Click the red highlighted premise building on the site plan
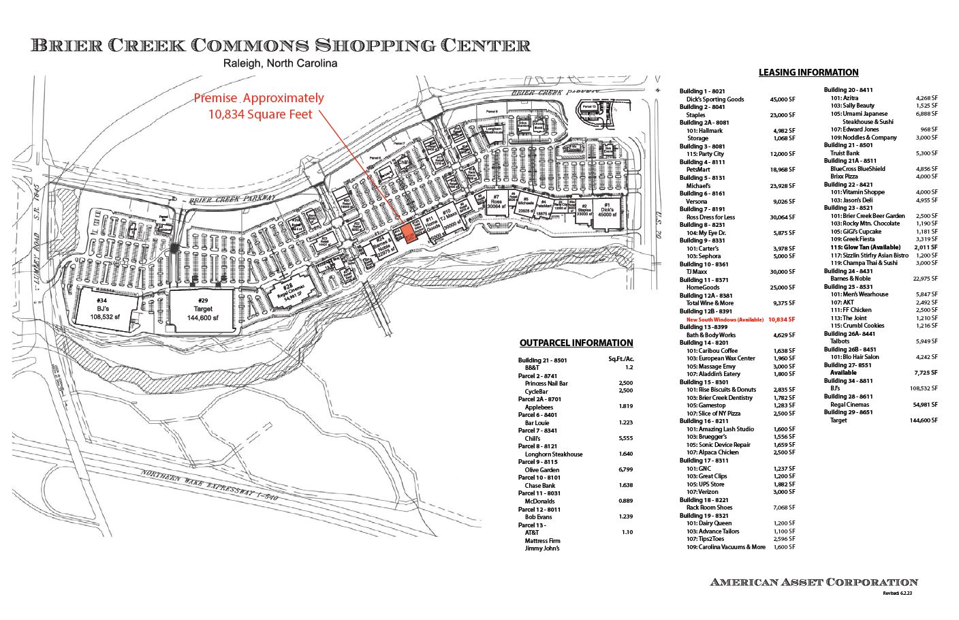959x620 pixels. point(409,233)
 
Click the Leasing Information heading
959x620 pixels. point(808,72)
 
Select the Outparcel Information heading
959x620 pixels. point(576,343)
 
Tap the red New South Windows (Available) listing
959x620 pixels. point(725,319)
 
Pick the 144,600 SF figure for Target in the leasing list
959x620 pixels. point(923,420)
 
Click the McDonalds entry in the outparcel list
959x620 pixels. point(539,501)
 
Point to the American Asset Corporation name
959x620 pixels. point(814,582)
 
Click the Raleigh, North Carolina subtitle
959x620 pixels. point(281,63)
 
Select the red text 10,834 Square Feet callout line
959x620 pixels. point(260,114)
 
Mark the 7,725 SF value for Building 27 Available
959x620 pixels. point(926,373)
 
